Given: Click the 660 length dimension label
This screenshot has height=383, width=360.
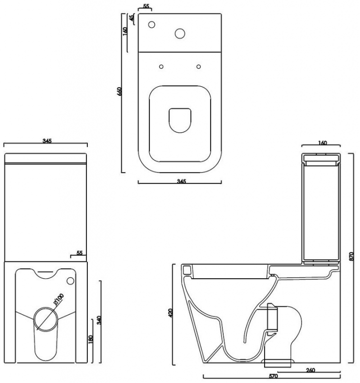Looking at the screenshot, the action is (119, 91).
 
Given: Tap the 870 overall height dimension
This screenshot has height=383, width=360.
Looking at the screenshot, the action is (352, 256).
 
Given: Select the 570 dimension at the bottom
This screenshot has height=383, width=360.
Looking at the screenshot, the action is (273, 376).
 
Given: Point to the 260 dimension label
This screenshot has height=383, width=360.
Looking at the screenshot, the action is (310, 371).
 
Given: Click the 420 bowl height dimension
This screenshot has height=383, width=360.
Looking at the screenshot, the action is (170, 313).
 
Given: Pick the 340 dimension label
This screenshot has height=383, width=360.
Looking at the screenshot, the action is (99, 320).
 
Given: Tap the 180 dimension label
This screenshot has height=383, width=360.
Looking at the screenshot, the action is (90, 339).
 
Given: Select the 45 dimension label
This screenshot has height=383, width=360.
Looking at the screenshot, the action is (132, 18).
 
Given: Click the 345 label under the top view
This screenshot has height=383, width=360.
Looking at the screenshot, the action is (181, 181).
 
